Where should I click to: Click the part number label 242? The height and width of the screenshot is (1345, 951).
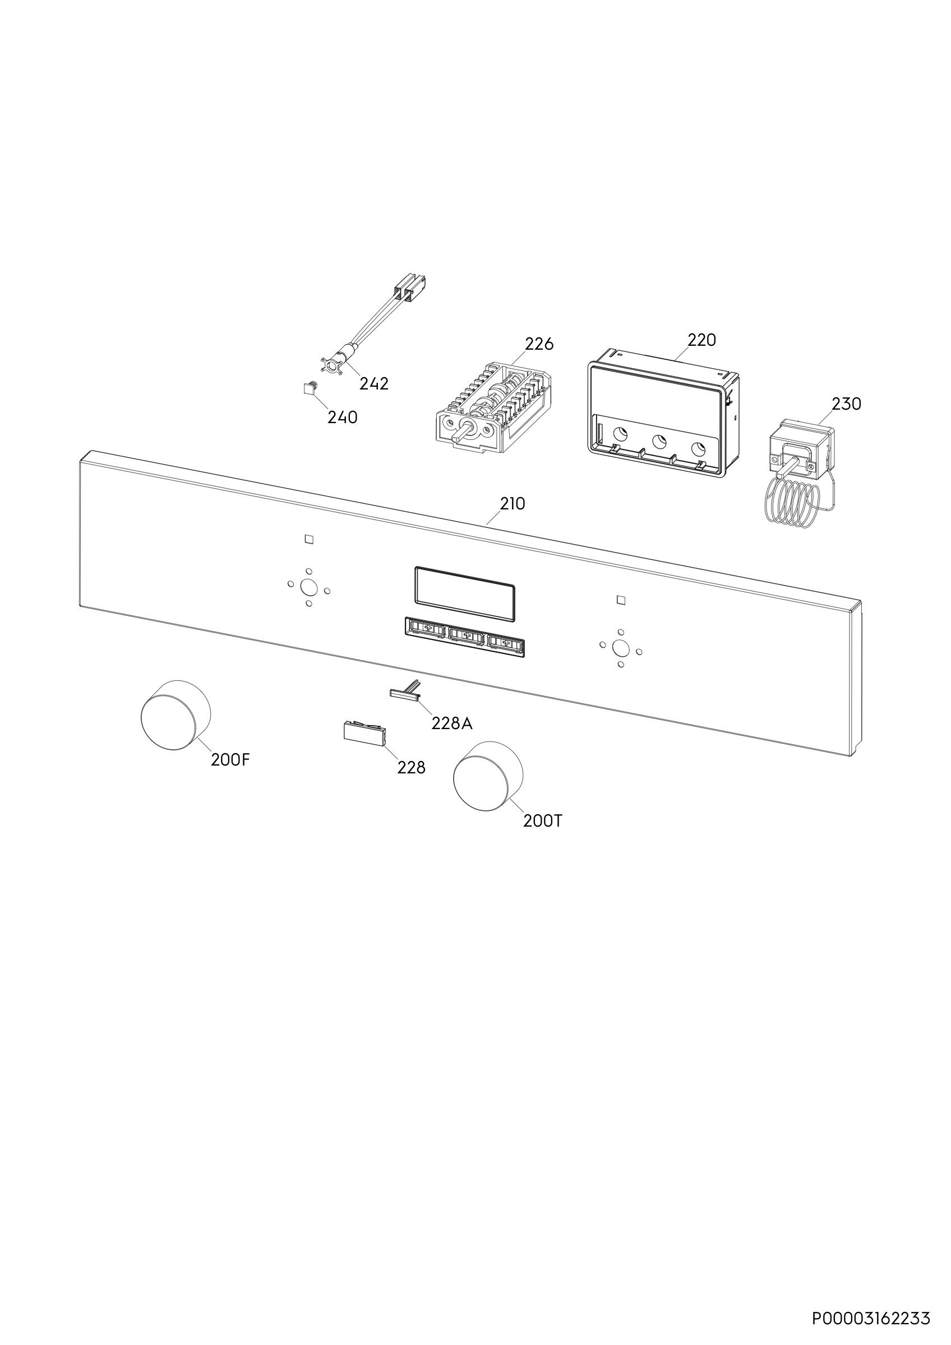pos(374,384)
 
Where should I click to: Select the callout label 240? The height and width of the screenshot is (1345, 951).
pos(342,418)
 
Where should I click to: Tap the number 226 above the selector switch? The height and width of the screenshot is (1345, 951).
pos(539,344)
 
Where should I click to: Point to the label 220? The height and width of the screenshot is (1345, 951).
pos(701,340)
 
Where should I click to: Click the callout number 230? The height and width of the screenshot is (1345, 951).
pos(847,403)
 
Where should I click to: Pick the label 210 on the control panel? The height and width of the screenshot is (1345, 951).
pos(513,504)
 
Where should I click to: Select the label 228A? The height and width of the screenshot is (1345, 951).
pos(452,723)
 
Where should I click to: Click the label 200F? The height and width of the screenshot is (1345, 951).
pos(231,760)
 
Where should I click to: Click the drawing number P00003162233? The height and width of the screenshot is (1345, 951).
pos(871,1303)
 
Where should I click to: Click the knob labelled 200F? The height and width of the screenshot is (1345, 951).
pos(175,715)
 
